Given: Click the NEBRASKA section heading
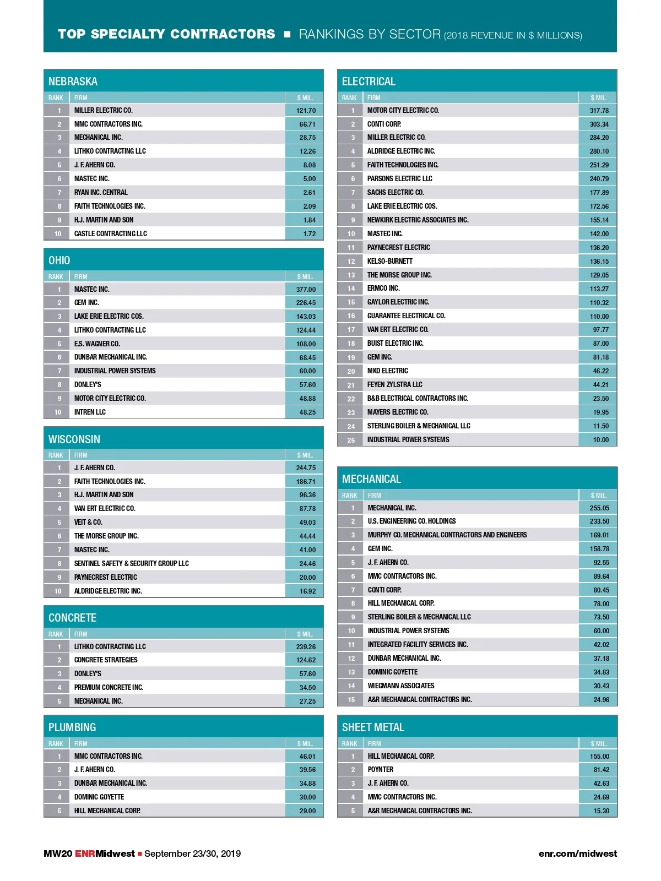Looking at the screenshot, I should (x=73, y=81).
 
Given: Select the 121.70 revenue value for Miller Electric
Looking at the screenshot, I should (x=306, y=111).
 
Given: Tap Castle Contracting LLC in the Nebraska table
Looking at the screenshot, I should (x=111, y=234).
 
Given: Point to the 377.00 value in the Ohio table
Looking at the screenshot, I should (x=306, y=290).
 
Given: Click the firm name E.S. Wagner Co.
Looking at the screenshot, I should (x=97, y=344).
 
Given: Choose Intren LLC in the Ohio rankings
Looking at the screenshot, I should (x=90, y=412).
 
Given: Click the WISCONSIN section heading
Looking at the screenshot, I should (x=74, y=439).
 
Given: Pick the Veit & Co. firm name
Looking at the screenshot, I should (x=88, y=523).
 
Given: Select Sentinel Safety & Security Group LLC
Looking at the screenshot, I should (x=132, y=564).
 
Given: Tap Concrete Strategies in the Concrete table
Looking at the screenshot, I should (x=106, y=660).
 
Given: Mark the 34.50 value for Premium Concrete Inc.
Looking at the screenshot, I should (x=307, y=688).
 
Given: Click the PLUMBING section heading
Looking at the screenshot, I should (x=72, y=727).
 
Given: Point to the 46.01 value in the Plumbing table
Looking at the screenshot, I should (x=307, y=757).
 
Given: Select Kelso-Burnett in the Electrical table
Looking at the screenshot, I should (x=390, y=262).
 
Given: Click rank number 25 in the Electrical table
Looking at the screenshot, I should (x=351, y=440).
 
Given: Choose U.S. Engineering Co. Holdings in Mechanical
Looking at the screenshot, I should (x=411, y=521).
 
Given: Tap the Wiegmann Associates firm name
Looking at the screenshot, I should (x=401, y=686).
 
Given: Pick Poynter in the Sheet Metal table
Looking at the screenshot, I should (x=381, y=770).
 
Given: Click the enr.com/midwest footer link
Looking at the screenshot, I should (x=577, y=853).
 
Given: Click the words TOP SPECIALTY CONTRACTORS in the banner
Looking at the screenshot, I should (x=166, y=34).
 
